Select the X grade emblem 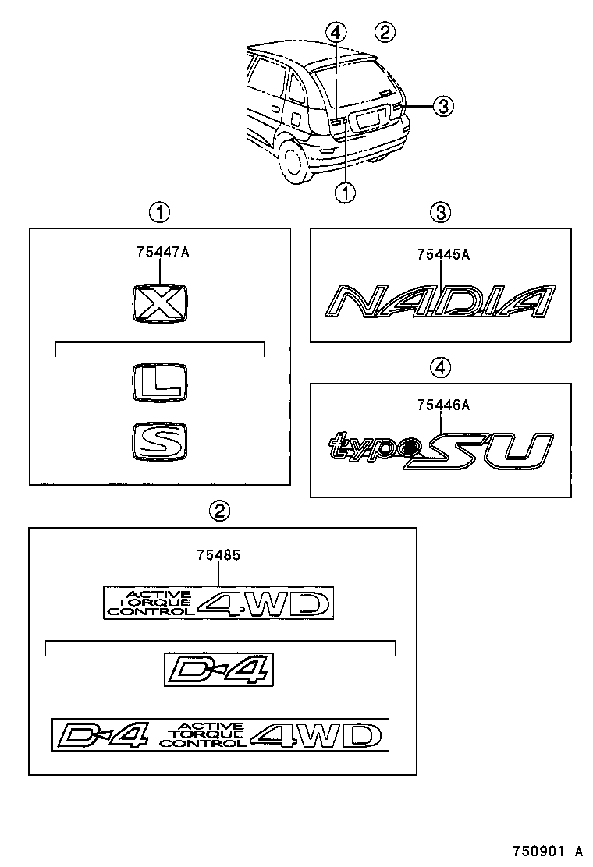pos(159,303)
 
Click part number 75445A pos(442,254)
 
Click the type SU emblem pos(441,451)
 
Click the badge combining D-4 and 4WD pos(219,734)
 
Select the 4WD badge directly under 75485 pos(218,602)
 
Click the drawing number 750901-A pos(547,851)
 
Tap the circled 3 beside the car pos(442,106)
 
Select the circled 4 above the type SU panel pos(441,366)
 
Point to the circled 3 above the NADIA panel pos(441,211)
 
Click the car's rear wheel pos(295,161)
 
